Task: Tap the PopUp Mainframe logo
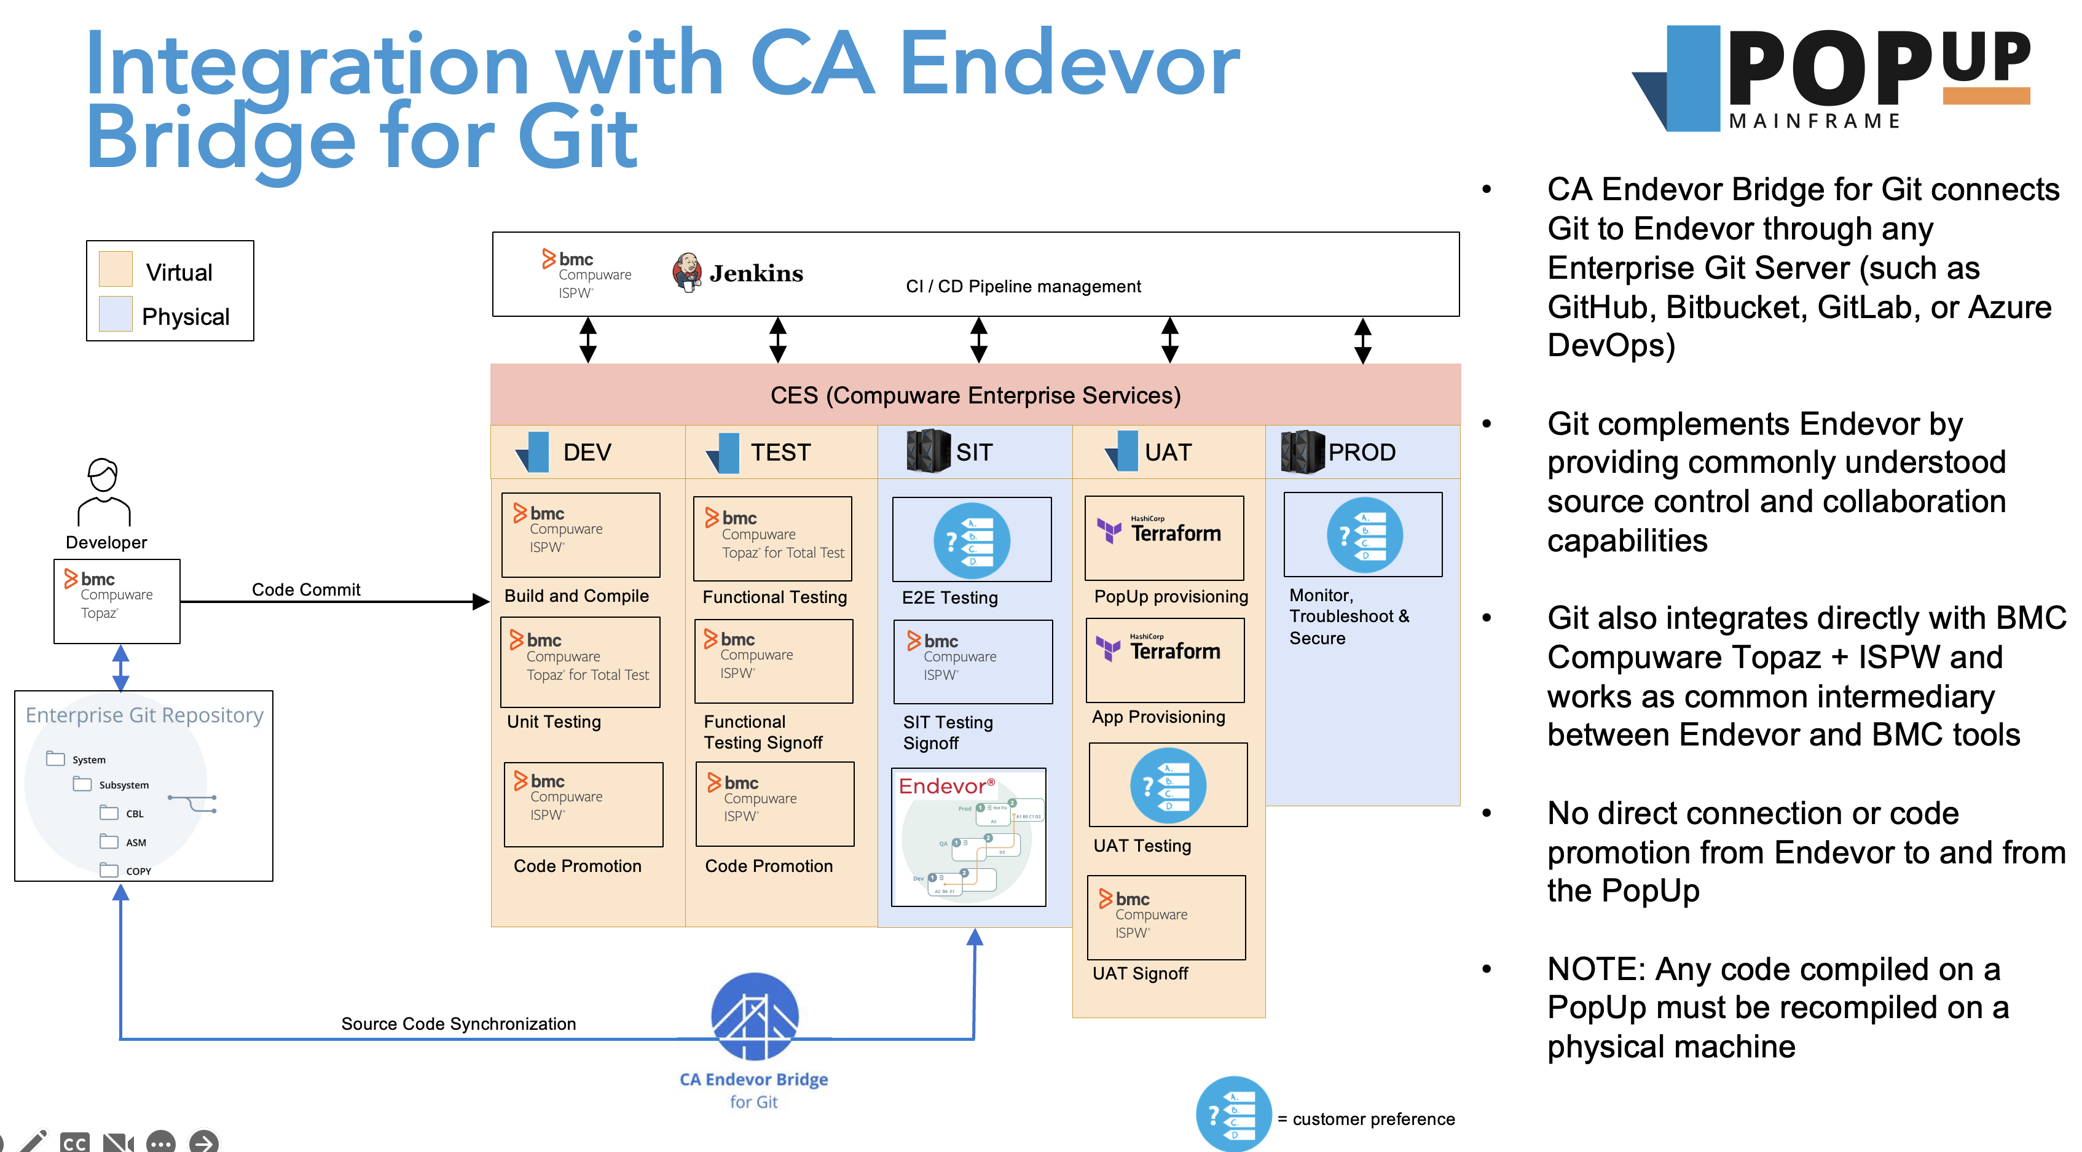pyautogui.click(x=1831, y=79)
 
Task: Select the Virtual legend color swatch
pyautogui.click(x=116, y=270)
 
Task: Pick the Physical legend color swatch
pyautogui.click(x=116, y=314)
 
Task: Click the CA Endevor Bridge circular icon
pyautogui.click(x=755, y=1016)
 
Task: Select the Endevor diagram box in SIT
pyautogui.click(x=969, y=837)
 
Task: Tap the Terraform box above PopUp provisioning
pyautogui.click(x=1164, y=537)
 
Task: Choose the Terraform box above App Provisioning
pyautogui.click(x=1165, y=660)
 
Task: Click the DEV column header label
pyautogui.click(x=587, y=453)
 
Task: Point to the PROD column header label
pyautogui.click(x=1362, y=453)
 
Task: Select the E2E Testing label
pyautogui.click(x=949, y=598)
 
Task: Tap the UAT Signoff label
pyautogui.click(x=1139, y=973)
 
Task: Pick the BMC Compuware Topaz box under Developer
pyautogui.click(x=117, y=601)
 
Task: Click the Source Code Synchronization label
pyautogui.click(x=458, y=1024)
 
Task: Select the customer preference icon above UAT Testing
pyautogui.click(x=1168, y=785)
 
